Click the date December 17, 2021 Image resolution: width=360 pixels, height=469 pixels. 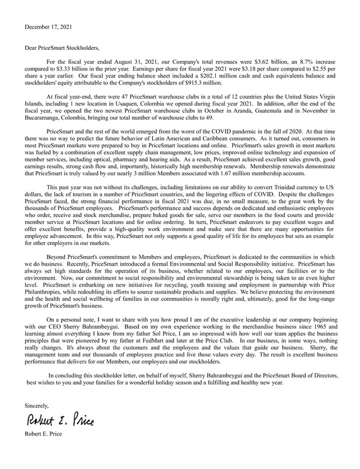click(50, 27)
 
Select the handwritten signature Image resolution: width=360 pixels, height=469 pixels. click(59, 420)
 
